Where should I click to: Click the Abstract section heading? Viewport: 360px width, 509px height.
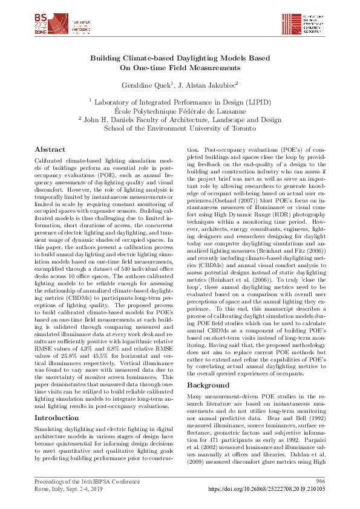coord(50,149)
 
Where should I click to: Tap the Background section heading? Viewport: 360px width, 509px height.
coord(208,368)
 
